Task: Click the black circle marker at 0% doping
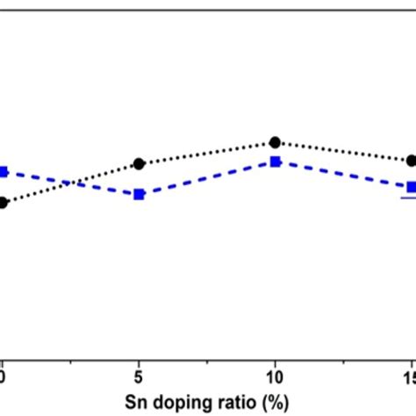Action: coord(4,203)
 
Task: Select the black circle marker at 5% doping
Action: coord(139,163)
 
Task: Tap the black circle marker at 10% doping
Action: coord(275,142)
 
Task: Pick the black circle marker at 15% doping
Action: coord(410,161)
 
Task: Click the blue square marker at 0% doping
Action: coord(4,172)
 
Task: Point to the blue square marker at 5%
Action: coord(139,194)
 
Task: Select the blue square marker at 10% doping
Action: coord(275,161)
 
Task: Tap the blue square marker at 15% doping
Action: coord(410,187)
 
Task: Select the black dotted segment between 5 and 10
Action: coord(206,153)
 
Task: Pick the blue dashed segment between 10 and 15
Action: coord(342,175)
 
